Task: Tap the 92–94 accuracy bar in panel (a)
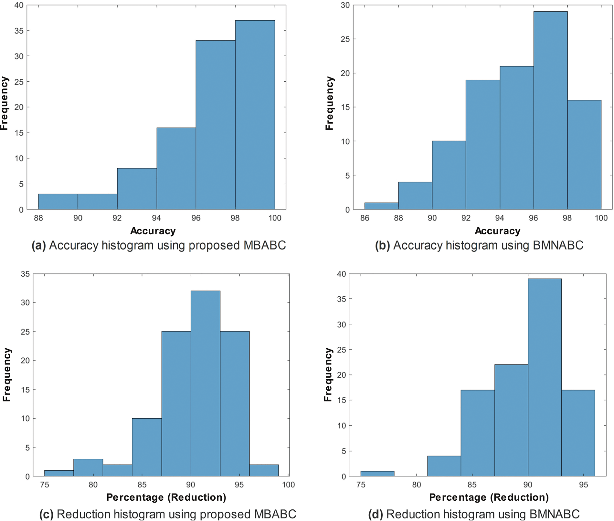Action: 137,189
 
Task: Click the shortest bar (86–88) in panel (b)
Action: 381,206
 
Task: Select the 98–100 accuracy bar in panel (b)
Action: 584,155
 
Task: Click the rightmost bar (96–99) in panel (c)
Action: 264,470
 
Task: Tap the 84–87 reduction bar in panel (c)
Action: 147,447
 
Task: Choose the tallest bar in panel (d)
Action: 545,377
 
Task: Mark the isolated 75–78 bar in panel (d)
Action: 377,474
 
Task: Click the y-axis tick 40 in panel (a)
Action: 19,5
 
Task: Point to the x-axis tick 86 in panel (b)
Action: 365,218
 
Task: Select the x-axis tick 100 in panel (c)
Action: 288,485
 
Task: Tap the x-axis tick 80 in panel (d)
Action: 417,485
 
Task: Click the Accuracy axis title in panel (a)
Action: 153,231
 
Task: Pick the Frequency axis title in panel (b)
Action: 329,103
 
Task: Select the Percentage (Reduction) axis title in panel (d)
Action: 489,497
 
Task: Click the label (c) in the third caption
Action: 46,514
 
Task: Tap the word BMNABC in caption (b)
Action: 558,246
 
